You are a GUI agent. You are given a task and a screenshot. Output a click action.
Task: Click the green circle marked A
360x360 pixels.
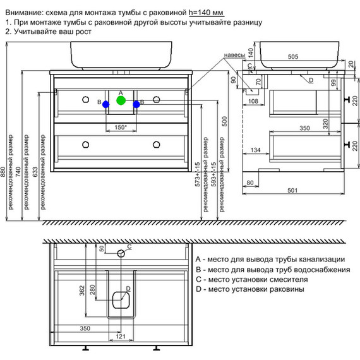coord(121,100)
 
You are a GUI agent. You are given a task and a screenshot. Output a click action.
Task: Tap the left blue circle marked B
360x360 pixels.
coord(106,104)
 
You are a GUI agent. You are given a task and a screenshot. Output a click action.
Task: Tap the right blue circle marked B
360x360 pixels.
coord(136,104)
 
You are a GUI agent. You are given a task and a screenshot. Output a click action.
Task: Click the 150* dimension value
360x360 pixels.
coord(121,127)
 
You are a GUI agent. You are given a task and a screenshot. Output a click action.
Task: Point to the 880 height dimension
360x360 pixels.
coord(3,172)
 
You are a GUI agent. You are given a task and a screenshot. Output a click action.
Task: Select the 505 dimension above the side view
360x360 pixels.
coord(293,56)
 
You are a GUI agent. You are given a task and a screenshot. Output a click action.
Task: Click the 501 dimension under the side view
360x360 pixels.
coord(292,190)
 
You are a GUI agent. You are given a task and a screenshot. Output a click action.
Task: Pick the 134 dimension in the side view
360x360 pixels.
coord(255,150)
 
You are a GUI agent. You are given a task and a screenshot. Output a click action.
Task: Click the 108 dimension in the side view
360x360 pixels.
coord(253,101)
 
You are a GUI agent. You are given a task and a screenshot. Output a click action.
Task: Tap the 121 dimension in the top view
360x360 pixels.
coord(121,337)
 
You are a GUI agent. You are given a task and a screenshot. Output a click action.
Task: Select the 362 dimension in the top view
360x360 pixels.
coord(81,290)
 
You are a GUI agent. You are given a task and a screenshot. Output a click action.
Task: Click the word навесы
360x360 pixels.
coord(234,55)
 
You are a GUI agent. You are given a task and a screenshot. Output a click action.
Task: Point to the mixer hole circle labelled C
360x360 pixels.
coord(121,253)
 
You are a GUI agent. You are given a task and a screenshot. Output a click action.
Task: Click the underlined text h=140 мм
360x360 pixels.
coord(206,13)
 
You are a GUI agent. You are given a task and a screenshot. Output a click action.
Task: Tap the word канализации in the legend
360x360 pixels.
coord(321,259)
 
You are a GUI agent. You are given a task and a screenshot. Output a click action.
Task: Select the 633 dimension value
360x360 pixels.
coord(35,172)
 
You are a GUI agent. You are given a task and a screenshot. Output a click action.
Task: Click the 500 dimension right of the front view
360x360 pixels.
coord(224,121)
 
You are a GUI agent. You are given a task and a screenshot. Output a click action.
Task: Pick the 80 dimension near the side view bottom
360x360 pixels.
coord(250,183)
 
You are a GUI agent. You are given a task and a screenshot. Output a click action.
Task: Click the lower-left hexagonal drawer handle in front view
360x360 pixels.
coord(86,145)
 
